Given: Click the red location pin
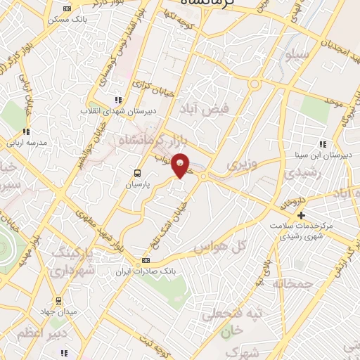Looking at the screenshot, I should pos(181,165).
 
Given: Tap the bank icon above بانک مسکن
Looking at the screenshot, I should pos(67,8).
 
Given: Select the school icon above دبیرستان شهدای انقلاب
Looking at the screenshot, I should pos(118,101).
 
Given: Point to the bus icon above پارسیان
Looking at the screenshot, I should pos(138,172).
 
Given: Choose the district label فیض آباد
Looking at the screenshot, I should pos(217,111).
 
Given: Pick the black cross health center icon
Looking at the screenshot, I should pos(302,215).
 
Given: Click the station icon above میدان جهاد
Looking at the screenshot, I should pos(59,301).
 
